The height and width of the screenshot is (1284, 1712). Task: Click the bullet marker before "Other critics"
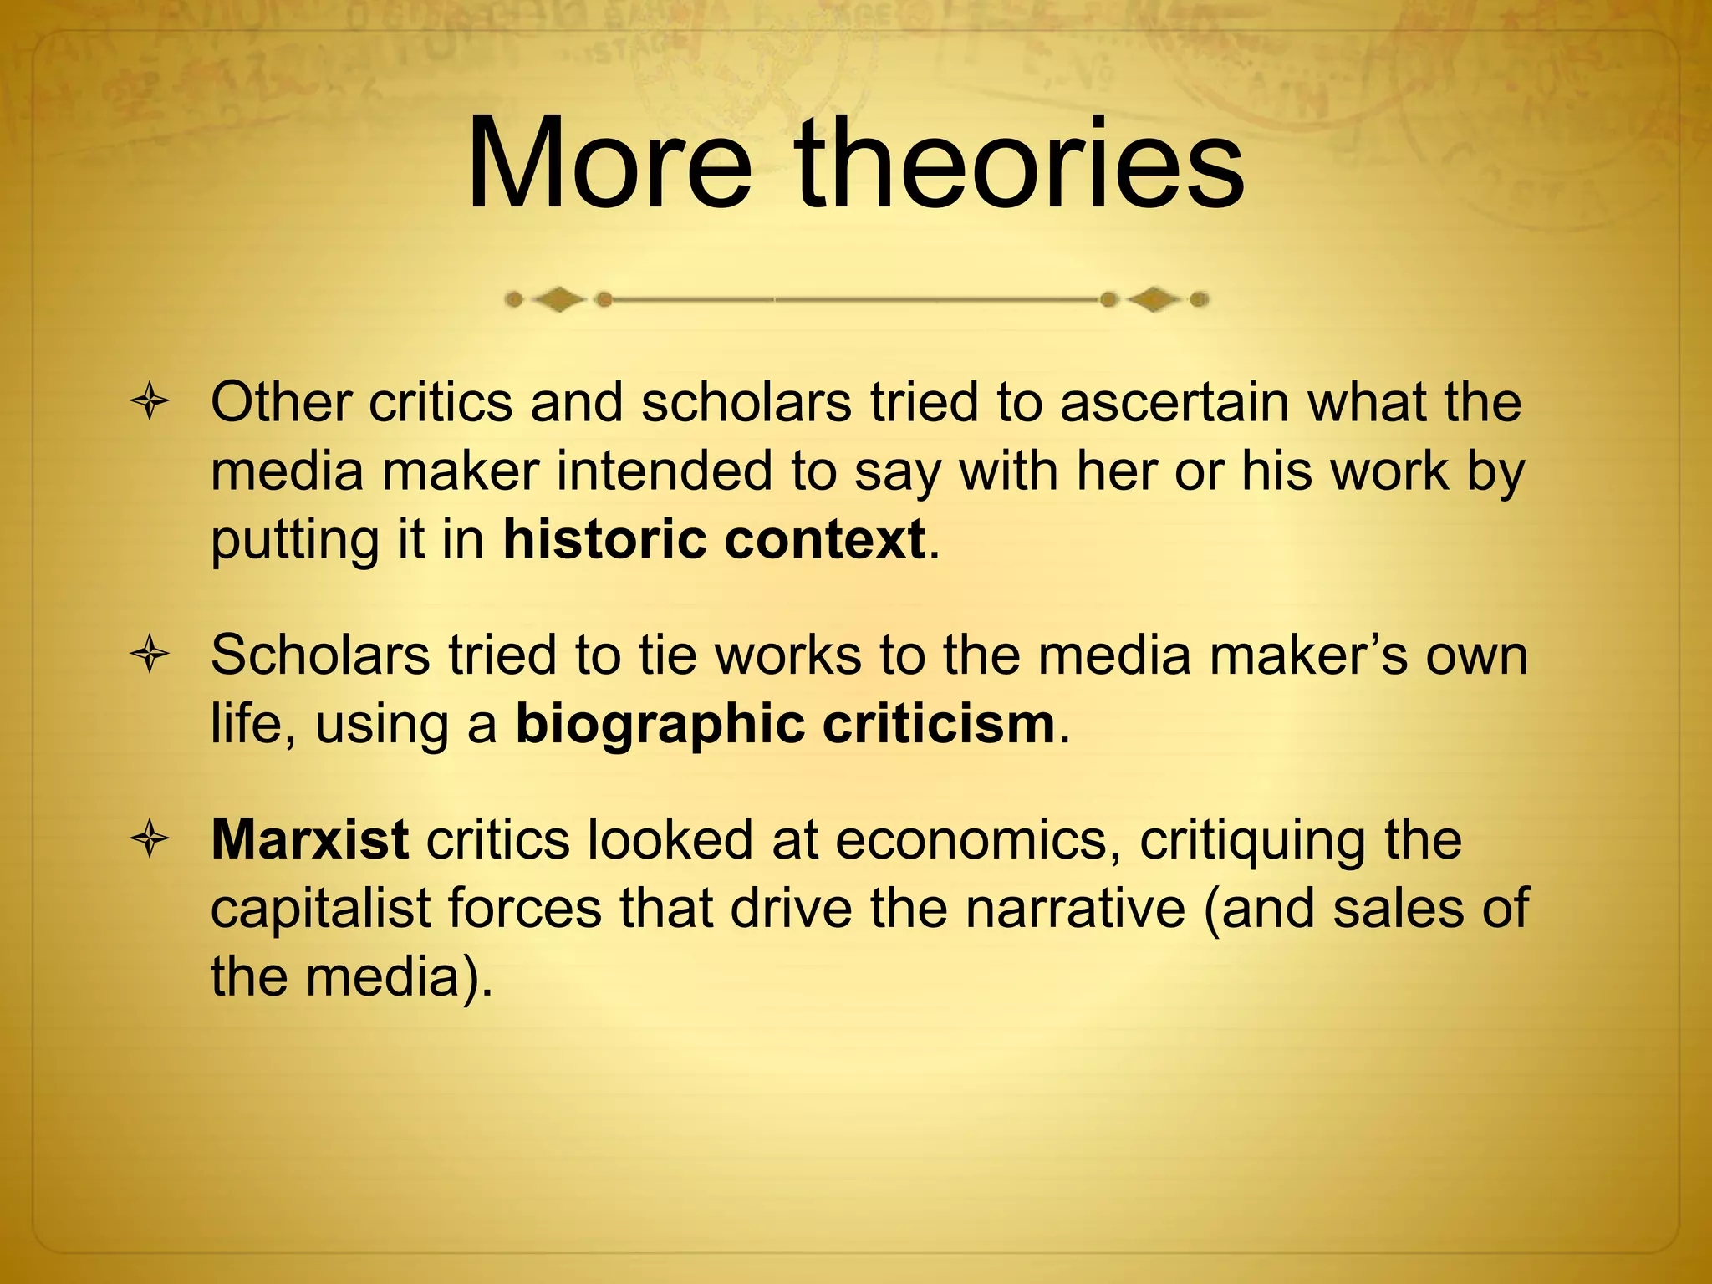(x=150, y=403)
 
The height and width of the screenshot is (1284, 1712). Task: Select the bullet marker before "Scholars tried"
(x=150, y=655)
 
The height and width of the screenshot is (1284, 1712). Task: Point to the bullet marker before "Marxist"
(x=150, y=840)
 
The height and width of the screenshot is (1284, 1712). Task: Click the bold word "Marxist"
(x=309, y=839)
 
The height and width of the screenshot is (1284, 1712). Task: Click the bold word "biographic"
(x=660, y=724)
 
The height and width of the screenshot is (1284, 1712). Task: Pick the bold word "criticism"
(x=940, y=724)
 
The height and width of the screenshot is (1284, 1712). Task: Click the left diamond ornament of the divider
(x=558, y=299)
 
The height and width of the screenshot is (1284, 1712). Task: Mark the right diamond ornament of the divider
(x=1154, y=299)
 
